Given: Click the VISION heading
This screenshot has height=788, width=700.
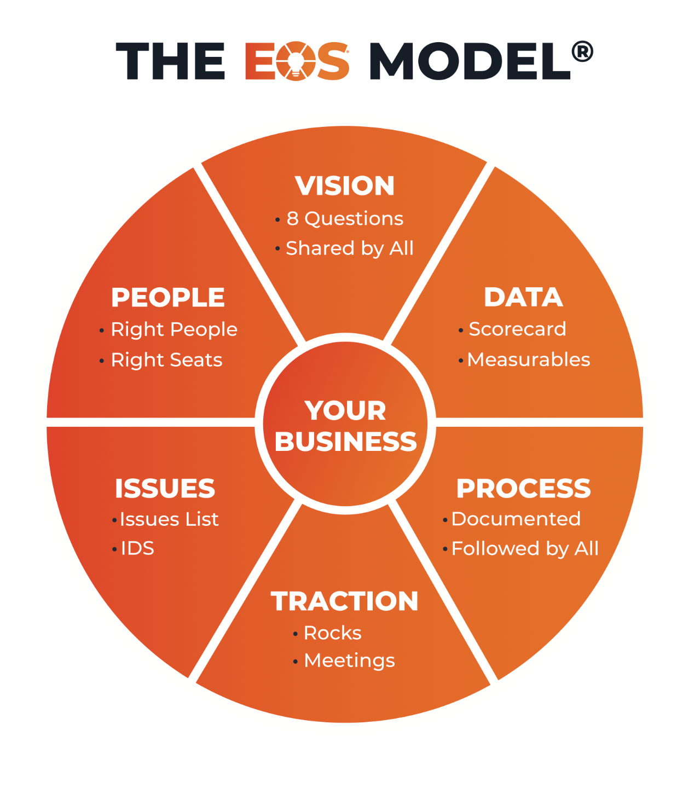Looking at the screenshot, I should pos(345,186).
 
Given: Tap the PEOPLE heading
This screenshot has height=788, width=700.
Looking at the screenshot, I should pos(167,298).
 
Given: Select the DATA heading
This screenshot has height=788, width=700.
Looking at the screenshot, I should pos(523,298).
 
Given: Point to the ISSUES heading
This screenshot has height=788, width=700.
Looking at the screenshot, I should pos(165,489).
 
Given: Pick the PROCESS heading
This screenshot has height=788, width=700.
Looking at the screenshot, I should pos(523,489).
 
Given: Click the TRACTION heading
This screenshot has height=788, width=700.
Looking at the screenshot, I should pos(344,601).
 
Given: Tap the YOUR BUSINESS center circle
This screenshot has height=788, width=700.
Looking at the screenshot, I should pos(345,426).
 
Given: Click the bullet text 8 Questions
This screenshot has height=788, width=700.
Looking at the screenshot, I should pos(345,219).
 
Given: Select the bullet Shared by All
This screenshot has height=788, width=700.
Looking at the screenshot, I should pos(349,248).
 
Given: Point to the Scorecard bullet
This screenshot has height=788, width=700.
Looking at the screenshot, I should pos(517,329).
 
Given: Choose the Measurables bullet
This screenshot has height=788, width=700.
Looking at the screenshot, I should pos(529,360).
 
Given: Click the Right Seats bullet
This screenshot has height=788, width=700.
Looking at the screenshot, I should pos(166,360).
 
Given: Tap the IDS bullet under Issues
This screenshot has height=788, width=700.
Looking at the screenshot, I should pos(137,548).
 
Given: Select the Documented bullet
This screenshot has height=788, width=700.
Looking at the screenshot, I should pos(516,519).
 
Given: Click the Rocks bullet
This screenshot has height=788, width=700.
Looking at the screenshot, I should pos(332,633).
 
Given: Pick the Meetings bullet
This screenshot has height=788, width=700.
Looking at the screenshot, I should pos(349,660).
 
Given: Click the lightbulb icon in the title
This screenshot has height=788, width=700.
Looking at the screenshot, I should pos(296,61).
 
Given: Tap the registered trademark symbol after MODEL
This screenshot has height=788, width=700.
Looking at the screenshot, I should pos(582,52).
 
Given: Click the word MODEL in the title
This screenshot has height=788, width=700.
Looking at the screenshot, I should pos(470,61).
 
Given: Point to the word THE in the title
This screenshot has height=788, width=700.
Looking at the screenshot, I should pos(170,61).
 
